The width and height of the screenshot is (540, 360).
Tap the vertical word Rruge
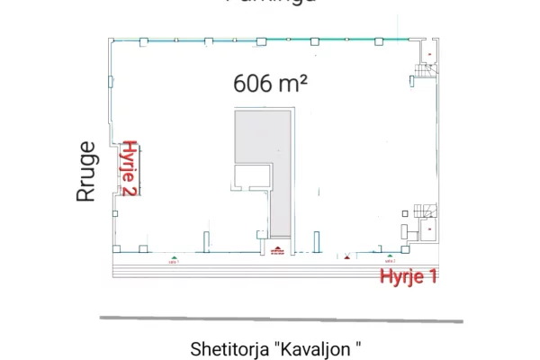(x=86, y=170)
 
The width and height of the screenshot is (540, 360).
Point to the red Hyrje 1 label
(x=409, y=276)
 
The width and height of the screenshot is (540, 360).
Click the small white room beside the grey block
(x=251, y=179)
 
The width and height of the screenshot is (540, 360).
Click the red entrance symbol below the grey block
(x=276, y=251)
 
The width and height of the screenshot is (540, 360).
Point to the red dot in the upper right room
(x=429, y=54)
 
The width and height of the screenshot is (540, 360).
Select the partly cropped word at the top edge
(x=270, y=3)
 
